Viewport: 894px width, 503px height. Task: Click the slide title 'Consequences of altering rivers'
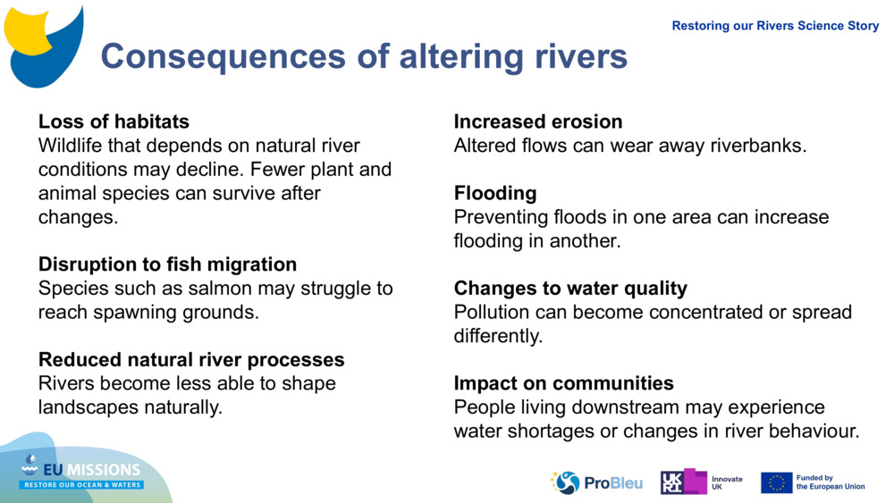(364, 56)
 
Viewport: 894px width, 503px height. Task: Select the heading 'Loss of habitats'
(114, 122)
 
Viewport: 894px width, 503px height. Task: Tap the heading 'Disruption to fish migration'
(167, 264)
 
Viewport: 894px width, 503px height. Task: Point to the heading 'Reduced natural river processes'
(190, 359)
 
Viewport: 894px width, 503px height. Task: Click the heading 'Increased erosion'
(537, 122)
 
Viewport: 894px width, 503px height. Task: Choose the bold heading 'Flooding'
(494, 193)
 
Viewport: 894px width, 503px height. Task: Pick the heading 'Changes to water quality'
(570, 288)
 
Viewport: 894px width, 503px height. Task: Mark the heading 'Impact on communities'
(563, 383)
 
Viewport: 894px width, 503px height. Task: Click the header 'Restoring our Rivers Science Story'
(775, 26)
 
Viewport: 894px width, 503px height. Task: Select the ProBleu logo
(596, 482)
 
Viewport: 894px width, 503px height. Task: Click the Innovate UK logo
(702, 482)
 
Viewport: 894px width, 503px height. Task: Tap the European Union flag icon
(776, 482)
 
